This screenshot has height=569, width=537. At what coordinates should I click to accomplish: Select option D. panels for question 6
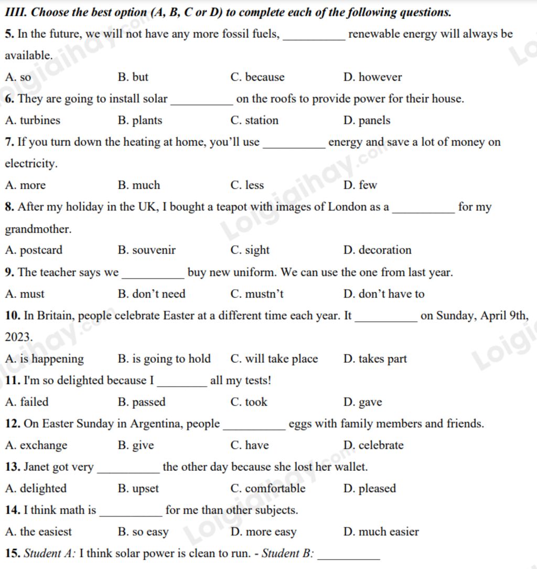(367, 120)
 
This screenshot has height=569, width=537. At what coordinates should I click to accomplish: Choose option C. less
(247, 185)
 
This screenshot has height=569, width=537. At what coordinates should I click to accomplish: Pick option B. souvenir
(147, 250)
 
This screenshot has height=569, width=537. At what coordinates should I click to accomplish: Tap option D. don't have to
(384, 294)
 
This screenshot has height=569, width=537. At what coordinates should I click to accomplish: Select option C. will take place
(274, 359)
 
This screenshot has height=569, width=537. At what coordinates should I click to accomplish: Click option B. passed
(142, 403)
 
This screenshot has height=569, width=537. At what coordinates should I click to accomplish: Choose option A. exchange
(36, 446)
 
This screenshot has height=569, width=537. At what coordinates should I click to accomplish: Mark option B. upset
(138, 489)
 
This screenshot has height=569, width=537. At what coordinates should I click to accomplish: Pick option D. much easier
(381, 532)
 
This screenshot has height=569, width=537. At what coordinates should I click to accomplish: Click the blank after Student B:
(349, 557)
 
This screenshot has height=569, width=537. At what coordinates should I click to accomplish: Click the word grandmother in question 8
(38, 229)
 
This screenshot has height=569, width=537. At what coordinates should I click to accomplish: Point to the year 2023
(18, 337)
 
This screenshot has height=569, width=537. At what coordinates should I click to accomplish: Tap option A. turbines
(33, 120)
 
